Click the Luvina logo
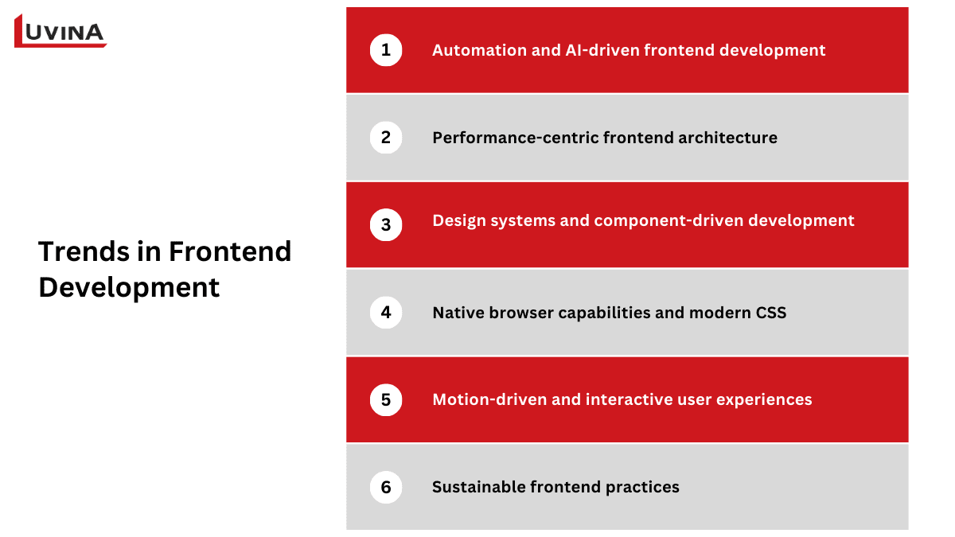point(60,32)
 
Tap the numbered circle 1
point(386,50)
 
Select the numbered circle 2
point(386,138)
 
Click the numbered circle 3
point(386,224)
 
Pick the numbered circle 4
point(386,312)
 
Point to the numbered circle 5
point(386,399)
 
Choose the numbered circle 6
point(386,487)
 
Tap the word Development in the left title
point(129,287)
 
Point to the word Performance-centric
point(515,138)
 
